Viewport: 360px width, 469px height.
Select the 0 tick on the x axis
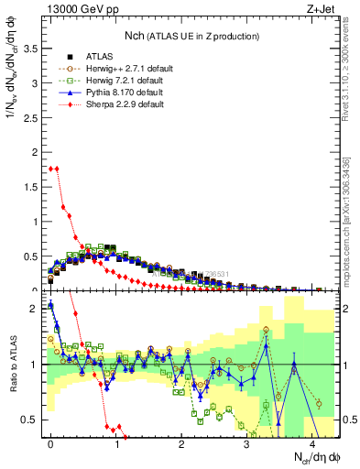click(x=51, y=444)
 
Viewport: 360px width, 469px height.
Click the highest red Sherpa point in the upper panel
click(x=51, y=168)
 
